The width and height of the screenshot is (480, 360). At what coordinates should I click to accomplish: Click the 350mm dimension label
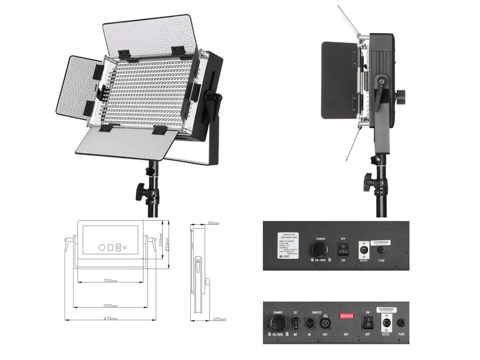(111, 281)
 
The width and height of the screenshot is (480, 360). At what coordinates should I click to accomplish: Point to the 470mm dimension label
(110, 318)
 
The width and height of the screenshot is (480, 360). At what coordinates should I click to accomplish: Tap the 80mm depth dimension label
(213, 223)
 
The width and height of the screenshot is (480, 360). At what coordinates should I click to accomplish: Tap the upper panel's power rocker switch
(343, 249)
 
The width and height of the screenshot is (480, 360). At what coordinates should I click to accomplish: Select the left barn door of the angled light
(78, 85)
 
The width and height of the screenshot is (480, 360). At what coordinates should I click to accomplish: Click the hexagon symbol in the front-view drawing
(102, 247)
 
